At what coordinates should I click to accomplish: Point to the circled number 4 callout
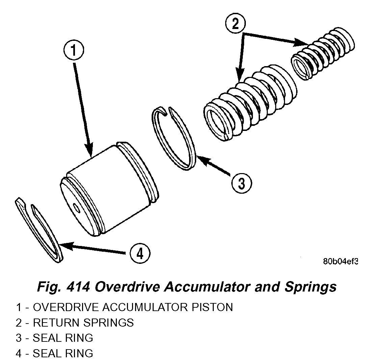click(140, 253)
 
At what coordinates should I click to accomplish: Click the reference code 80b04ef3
click(340, 261)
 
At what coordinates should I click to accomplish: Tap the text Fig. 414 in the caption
click(63, 287)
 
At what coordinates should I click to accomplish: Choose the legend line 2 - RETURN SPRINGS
click(75, 323)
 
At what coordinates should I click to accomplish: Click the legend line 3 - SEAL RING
click(54, 338)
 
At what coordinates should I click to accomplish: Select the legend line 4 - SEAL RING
click(54, 353)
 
